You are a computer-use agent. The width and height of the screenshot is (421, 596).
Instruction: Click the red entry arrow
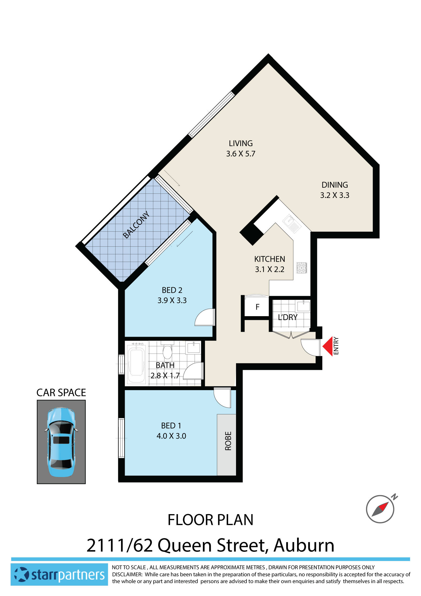pyautogui.click(x=328, y=346)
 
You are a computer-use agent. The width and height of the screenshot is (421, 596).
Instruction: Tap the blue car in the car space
pyautogui.click(x=61, y=442)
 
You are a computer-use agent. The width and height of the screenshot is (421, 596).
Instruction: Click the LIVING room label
pyautogui.click(x=240, y=143)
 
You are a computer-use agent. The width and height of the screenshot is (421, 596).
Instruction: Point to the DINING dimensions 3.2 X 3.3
pyautogui.click(x=334, y=195)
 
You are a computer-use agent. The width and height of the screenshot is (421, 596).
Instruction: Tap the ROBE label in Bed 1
pyautogui.click(x=228, y=441)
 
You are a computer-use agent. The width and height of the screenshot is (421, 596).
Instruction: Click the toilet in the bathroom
pyautogui.click(x=167, y=351)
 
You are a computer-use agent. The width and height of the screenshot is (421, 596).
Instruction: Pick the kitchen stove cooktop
pyautogui.click(x=301, y=268)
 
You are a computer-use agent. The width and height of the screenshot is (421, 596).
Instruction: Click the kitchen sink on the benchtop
pyautogui.click(x=292, y=223)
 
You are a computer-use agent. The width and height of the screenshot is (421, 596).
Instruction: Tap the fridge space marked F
pyautogui.click(x=257, y=307)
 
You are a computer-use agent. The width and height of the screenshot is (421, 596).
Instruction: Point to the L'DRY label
pyautogui.click(x=288, y=317)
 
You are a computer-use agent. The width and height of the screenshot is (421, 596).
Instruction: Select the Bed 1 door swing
pyautogui.click(x=223, y=397)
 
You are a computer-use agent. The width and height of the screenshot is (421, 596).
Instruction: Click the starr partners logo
pyautogui.click(x=59, y=575)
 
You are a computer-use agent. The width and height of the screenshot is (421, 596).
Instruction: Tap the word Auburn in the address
pyautogui.click(x=304, y=545)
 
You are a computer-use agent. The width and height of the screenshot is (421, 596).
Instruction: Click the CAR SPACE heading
pyautogui.click(x=61, y=393)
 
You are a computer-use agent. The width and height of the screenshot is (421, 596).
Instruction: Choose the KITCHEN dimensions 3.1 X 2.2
pyautogui.click(x=269, y=269)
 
